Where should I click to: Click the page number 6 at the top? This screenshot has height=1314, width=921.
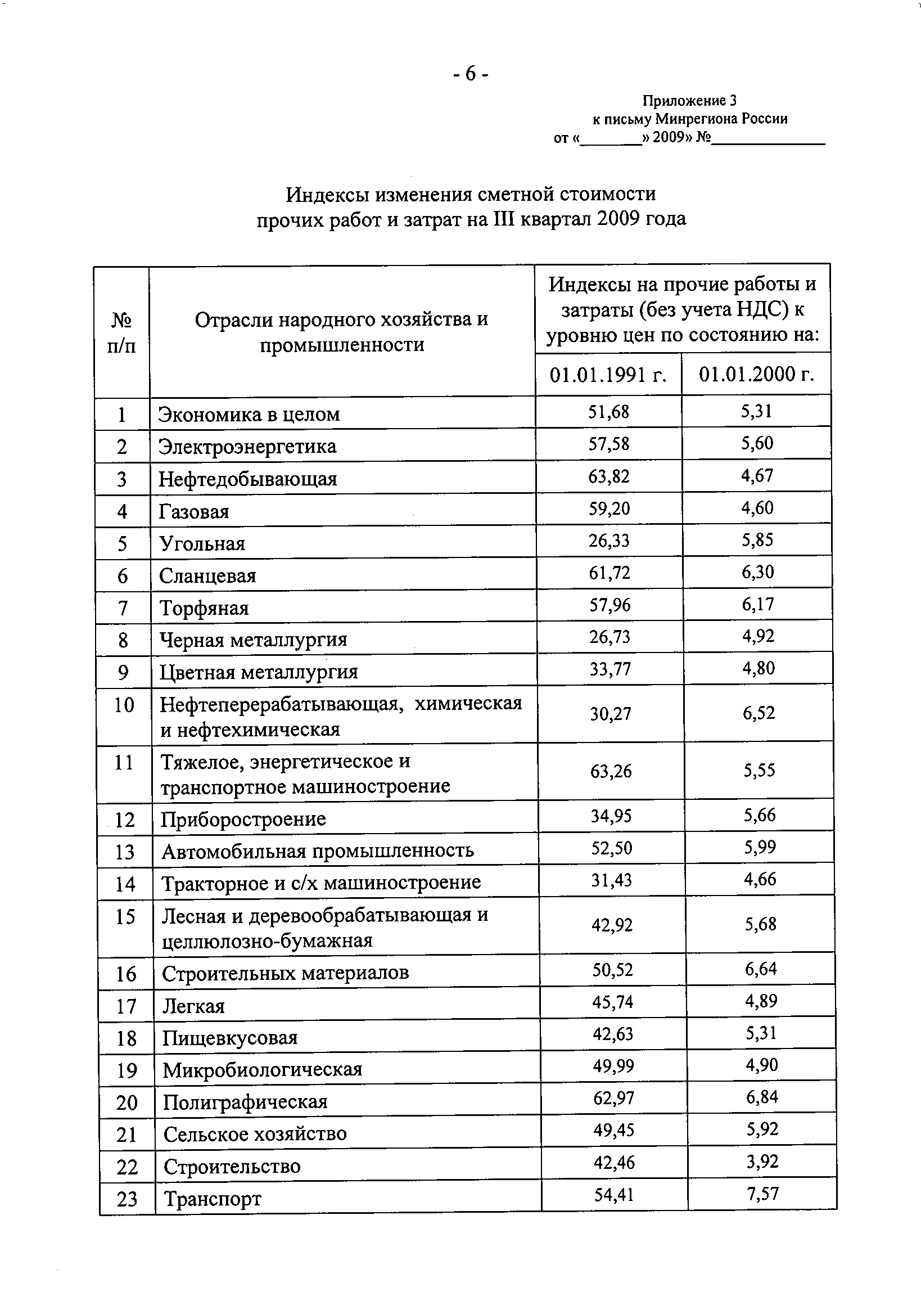(469, 74)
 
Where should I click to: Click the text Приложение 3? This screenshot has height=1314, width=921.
(689, 101)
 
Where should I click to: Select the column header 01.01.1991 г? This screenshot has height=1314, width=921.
(608, 374)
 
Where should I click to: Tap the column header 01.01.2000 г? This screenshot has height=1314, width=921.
(756, 374)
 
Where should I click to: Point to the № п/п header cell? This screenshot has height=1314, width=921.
(122, 332)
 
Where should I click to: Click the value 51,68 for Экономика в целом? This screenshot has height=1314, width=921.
(608, 412)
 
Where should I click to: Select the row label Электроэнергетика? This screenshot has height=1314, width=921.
(247, 446)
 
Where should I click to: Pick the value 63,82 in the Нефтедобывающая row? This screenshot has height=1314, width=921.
(609, 475)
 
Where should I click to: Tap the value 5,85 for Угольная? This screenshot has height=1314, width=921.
(757, 539)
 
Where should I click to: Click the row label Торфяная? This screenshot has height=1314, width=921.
(204, 607)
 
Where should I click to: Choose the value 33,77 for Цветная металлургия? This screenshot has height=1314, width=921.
(610, 668)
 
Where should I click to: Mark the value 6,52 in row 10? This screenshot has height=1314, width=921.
(759, 713)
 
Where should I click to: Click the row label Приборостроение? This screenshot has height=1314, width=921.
(243, 819)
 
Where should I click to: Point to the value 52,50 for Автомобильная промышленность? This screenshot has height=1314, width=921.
(612, 848)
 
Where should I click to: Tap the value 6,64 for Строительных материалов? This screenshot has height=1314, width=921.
(761, 969)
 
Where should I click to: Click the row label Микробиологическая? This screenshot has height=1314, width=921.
(263, 1070)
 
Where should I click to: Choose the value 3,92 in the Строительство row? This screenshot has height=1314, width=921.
(762, 1162)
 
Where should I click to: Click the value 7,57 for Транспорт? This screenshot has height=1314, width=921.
(762, 1194)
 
